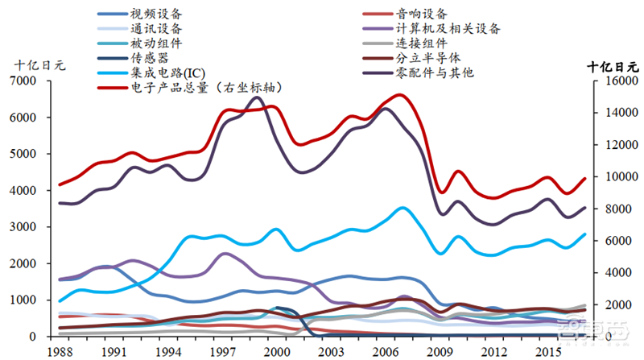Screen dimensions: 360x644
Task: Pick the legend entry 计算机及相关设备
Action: [449, 28]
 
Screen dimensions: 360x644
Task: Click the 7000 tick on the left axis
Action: [35, 81]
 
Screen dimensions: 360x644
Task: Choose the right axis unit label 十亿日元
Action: [615, 66]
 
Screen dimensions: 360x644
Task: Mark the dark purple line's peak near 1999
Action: [256, 97]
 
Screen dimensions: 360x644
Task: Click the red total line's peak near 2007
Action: [401, 95]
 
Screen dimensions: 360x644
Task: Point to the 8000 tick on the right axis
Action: [614, 209]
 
